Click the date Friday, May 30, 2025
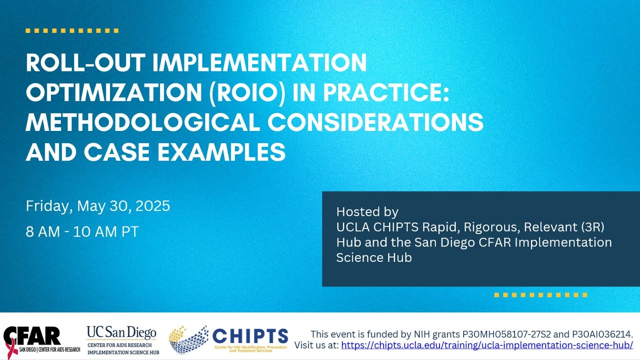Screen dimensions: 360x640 (98, 206)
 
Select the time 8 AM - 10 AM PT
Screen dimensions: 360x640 (82, 232)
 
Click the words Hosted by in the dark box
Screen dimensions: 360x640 (367, 211)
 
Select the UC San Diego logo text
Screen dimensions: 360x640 (121, 332)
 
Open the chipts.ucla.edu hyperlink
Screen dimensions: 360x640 (487, 345)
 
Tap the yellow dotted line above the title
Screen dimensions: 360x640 (71, 31)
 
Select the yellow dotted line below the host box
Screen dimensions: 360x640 (540, 295)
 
